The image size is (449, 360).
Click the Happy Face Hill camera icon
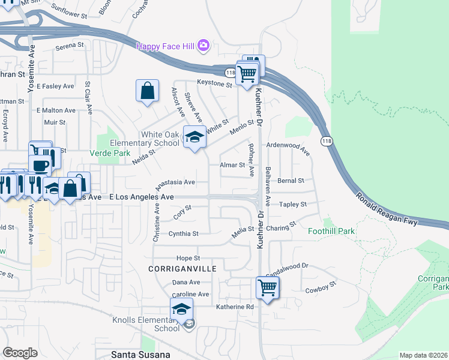coord(203,45)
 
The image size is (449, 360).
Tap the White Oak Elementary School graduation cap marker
coord(194,138)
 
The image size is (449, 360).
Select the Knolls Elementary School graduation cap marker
coord(181,309)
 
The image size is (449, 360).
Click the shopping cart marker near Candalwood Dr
coord(267,287)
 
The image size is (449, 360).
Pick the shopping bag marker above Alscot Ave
coord(147,91)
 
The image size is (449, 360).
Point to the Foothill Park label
coord(331,231)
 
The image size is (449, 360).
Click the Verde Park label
coord(110,153)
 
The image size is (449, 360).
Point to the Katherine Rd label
coord(235,307)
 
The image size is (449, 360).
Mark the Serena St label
coord(69,46)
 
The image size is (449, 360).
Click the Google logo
coord(20,352)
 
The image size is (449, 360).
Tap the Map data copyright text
coord(423,355)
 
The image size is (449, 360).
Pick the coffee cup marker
coord(40,165)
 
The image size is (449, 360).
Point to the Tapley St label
coord(294,204)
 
